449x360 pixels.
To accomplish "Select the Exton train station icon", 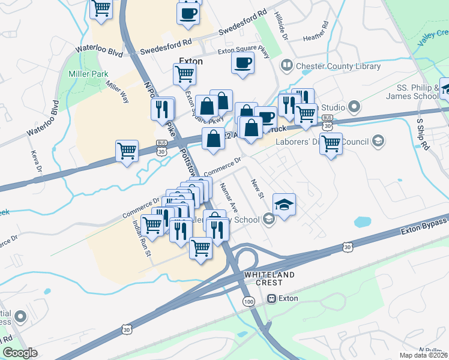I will tap(271, 298).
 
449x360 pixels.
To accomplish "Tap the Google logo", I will tap(20, 353).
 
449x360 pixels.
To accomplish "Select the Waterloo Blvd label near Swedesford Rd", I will tap(99, 51).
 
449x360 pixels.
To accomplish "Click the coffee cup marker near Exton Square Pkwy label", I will tap(243, 64).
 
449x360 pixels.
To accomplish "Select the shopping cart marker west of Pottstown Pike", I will tap(127, 152).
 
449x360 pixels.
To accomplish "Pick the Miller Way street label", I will tap(118, 93).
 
